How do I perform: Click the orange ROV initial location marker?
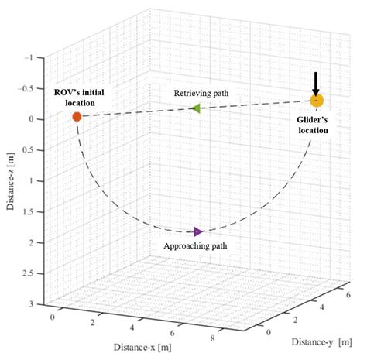click(x=77, y=117)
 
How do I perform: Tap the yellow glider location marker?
click(x=316, y=101)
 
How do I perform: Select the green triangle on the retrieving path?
click(x=196, y=109)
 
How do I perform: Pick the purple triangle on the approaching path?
click(x=198, y=231)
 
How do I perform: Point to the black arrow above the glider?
click(x=316, y=81)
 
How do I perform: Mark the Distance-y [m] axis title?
click(x=323, y=341)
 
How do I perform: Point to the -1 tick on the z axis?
click(x=29, y=57)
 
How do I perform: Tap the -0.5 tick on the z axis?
click(x=27, y=88)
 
